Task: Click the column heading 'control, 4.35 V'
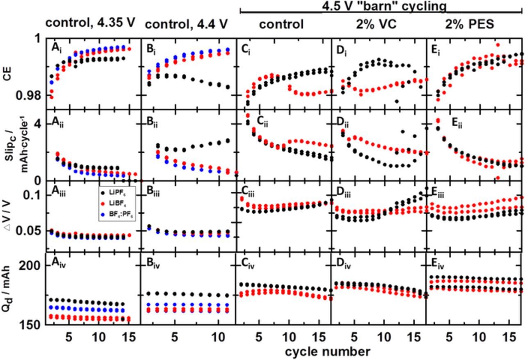(x=90, y=23)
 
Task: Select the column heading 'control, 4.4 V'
(x=186, y=24)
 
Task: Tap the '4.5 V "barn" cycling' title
(x=384, y=6)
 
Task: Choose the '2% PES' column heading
(x=470, y=24)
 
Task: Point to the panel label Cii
(x=263, y=121)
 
